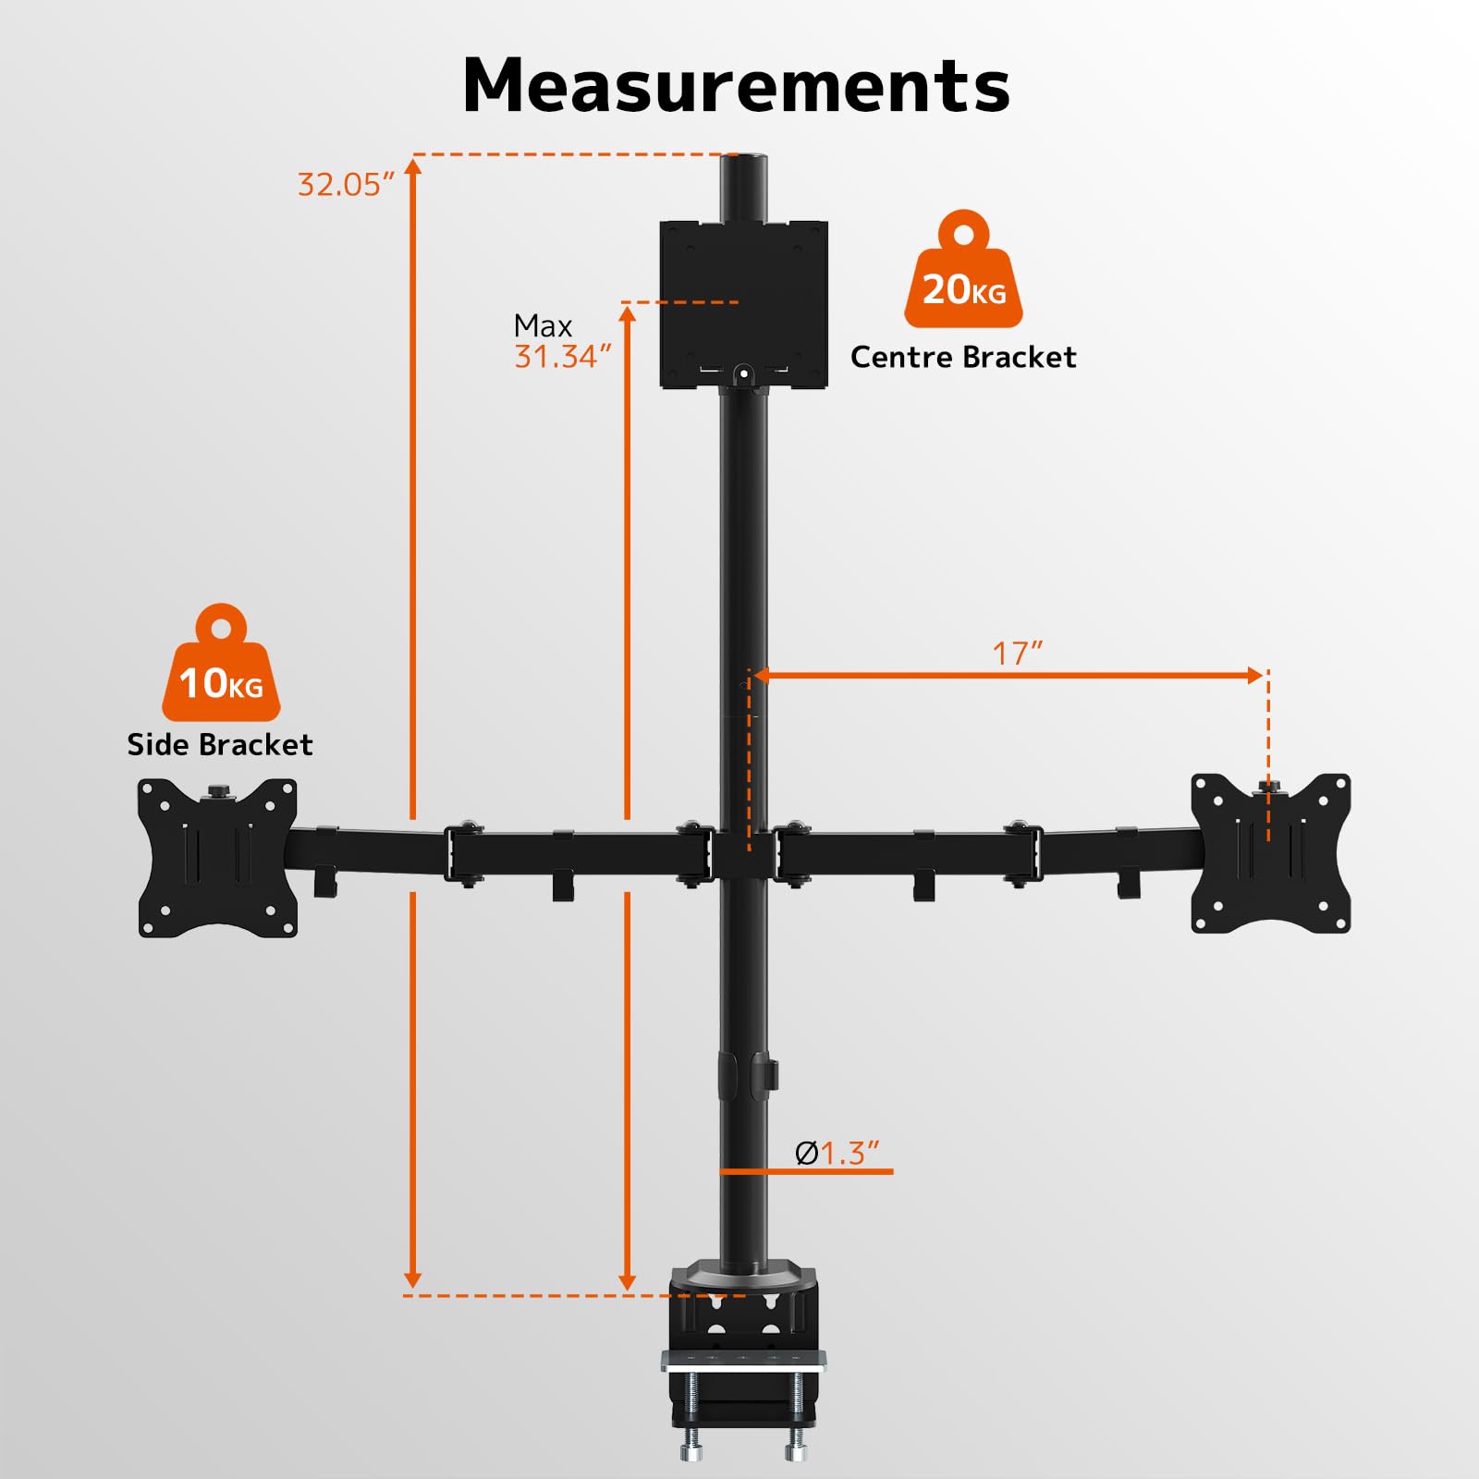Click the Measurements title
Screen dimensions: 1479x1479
pos(736,86)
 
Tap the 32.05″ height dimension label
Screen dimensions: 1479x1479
pos(345,185)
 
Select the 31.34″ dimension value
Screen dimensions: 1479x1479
pos(562,357)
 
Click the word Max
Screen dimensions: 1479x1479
pos(543,325)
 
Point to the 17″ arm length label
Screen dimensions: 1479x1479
pos(1017,654)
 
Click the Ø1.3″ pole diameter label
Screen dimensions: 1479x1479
pos(837,1153)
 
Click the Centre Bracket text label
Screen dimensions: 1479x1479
pos(963,357)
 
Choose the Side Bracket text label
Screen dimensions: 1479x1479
pos(220,744)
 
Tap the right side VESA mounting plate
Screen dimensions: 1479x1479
pos(1270,854)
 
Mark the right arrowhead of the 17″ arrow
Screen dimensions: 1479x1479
pos(1254,676)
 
